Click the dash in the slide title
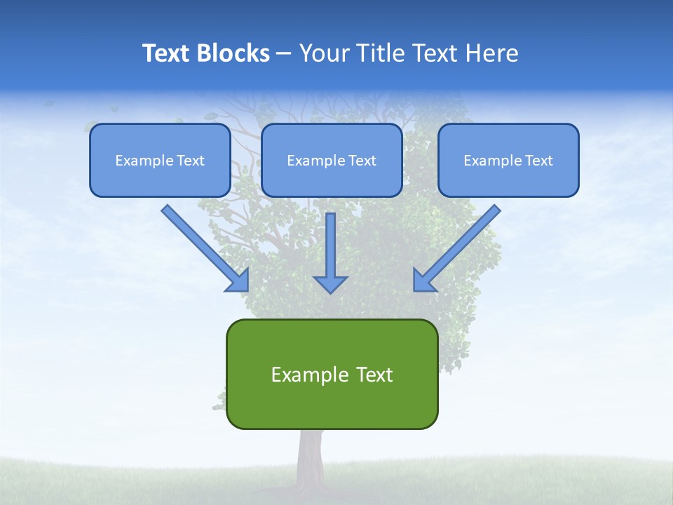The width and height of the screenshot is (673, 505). pyautogui.click(x=284, y=54)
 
